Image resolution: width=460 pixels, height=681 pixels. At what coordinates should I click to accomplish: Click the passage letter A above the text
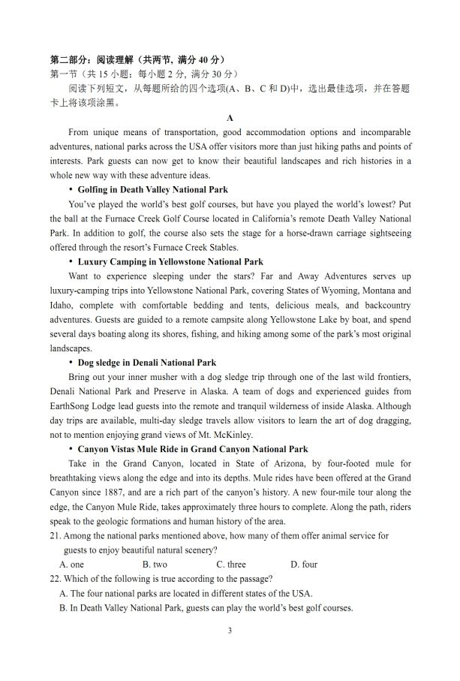(230, 118)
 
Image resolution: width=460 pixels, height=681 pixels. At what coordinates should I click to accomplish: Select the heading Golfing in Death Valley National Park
(152, 189)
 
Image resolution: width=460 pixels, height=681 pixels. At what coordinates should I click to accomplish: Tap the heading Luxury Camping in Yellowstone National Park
(170, 262)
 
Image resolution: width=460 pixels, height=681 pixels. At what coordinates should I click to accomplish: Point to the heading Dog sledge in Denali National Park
(146, 363)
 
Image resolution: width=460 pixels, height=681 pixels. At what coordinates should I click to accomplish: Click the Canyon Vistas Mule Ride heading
(193, 449)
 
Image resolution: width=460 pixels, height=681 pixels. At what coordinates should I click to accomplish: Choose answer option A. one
(72, 564)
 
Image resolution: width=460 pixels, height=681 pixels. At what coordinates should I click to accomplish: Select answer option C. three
(231, 564)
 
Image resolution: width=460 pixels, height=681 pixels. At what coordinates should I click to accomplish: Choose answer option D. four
(304, 564)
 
